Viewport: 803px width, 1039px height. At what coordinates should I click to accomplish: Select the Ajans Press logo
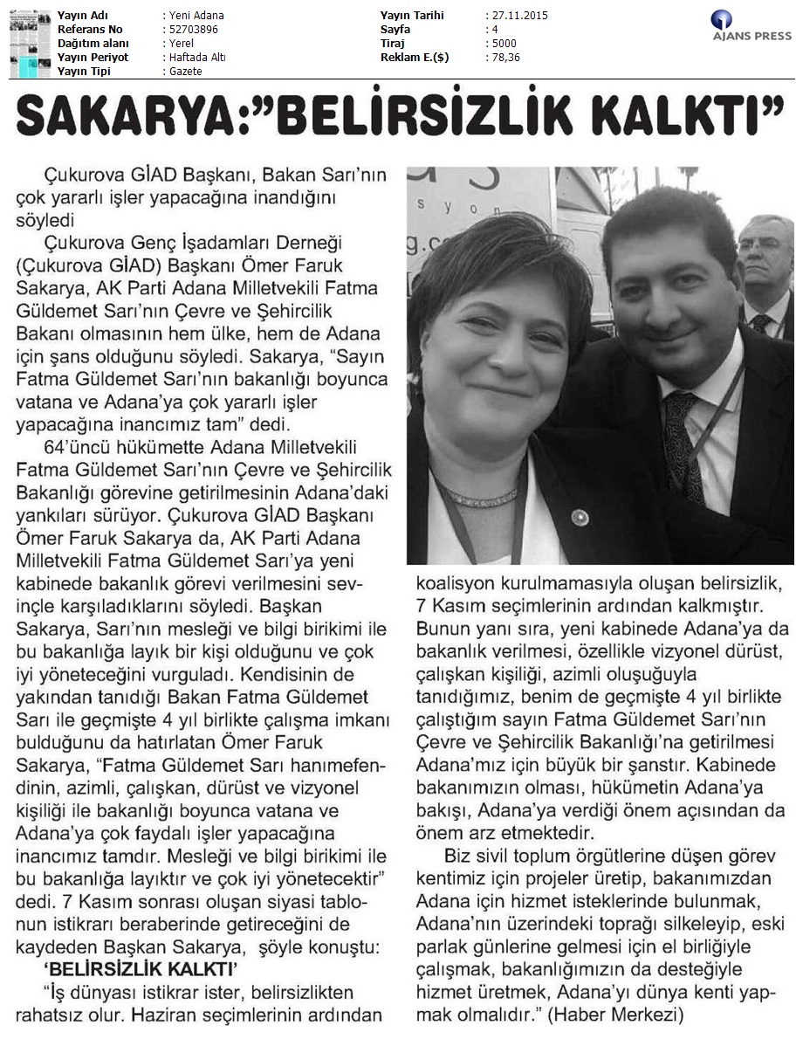click(x=752, y=27)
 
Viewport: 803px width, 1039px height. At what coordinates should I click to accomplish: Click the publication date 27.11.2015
click(x=521, y=16)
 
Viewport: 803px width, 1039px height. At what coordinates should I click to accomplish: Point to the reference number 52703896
click(x=191, y=29)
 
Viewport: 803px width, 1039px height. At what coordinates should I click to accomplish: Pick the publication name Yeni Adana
click(x=195, y=16)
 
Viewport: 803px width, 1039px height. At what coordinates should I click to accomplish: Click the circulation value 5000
click(x=504, y=43)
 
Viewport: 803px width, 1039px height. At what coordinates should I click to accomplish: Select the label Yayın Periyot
click(x=93, y=57)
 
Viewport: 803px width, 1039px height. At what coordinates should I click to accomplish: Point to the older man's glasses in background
click(x=761, y=246)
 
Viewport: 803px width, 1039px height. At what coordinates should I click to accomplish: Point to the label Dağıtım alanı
click(x=93, y=43)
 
